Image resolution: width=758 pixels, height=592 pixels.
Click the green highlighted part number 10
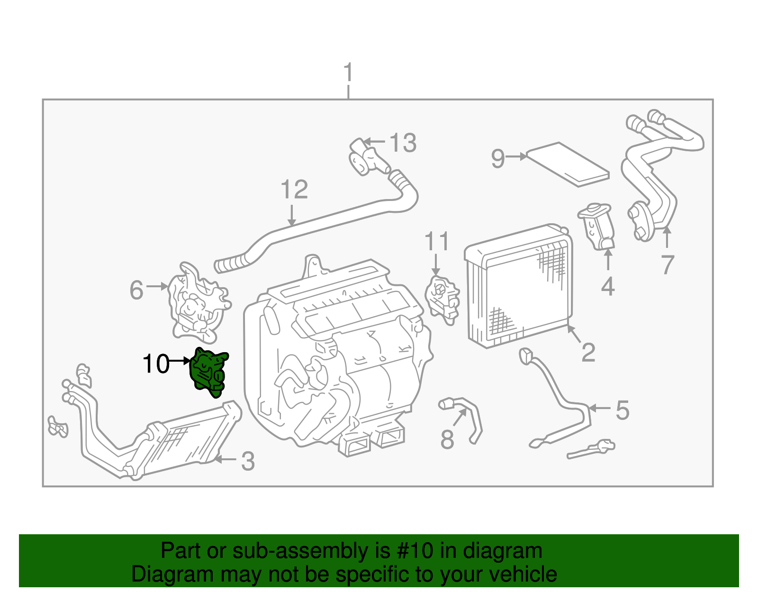(208, 372)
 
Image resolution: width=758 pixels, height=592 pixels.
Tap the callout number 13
(403, 143)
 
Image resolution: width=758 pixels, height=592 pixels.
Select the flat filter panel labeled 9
(568, 164)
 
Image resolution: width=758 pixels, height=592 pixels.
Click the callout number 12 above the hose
(294, 190)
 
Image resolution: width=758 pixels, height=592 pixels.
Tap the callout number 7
(667, 264)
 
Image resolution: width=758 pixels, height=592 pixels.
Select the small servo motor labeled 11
(443, 298)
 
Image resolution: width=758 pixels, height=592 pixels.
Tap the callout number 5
(622, 410)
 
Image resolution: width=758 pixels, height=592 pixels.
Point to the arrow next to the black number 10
(180, 361)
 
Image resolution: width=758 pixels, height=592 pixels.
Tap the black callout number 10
(156, 364)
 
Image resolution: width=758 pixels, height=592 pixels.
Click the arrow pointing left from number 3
(225, 459)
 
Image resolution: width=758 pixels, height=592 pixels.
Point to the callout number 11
(436, 242)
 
